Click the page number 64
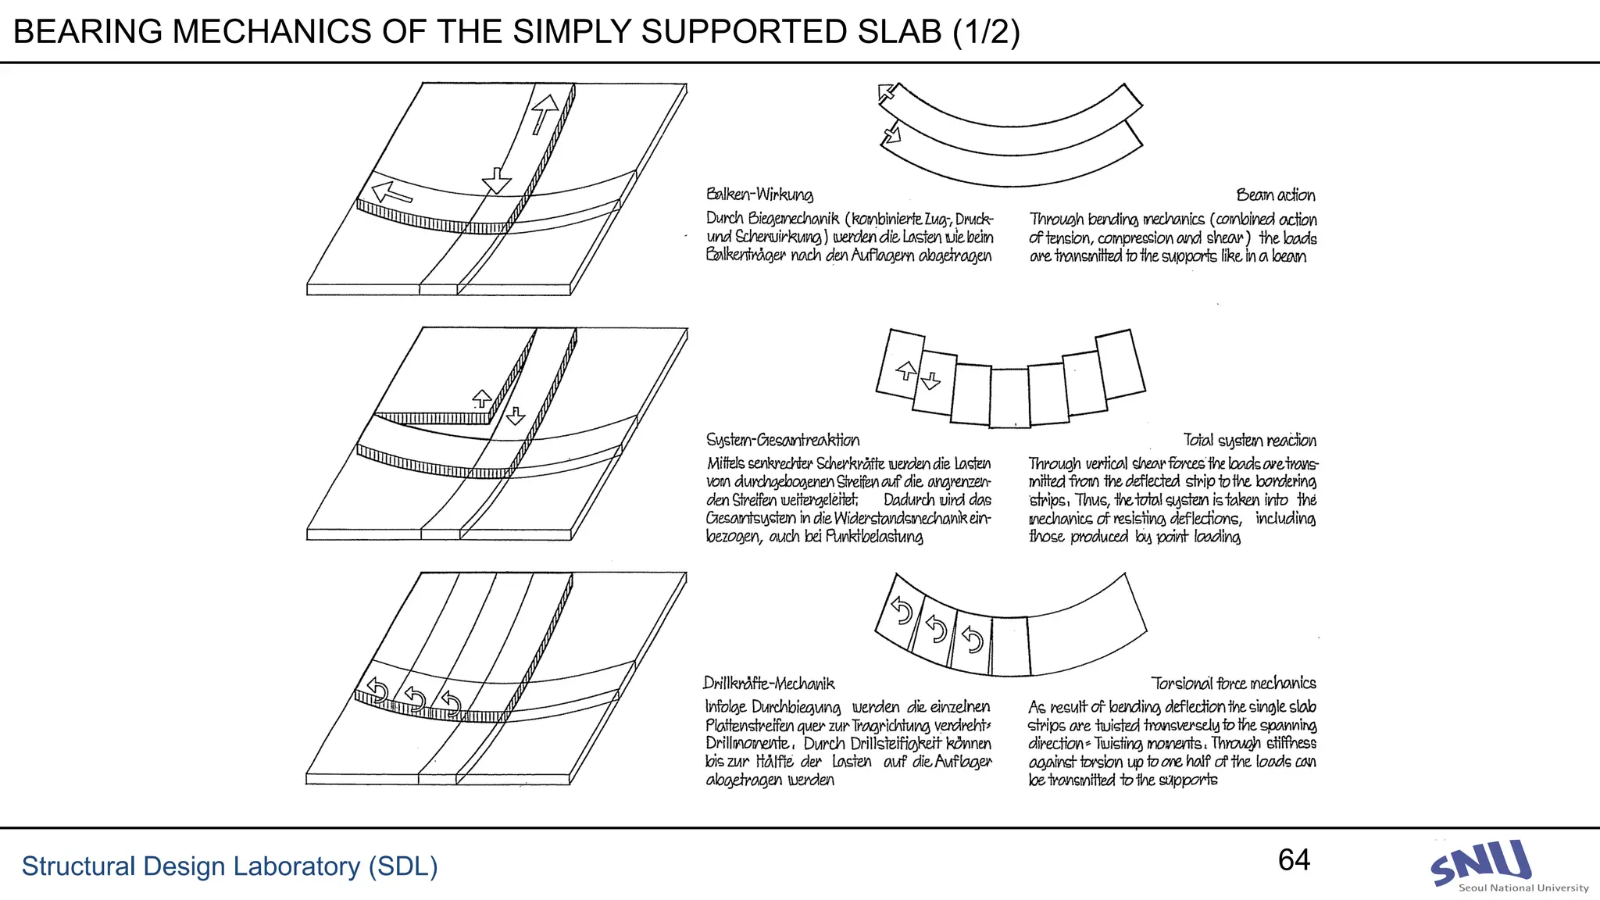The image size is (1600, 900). (x=1294, y=860)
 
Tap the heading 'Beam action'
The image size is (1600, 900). (x=1275, y=195)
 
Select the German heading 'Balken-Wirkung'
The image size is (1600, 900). (x=759, y=195)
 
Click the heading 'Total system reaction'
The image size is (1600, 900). (x=1249, y=441)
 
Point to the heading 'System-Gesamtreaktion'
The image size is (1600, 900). (x=782, y=441)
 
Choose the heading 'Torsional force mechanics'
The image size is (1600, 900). (x=1233, y=684)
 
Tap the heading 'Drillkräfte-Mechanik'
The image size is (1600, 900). (x=769, y=684)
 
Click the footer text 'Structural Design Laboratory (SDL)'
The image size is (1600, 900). (x=229, y=866)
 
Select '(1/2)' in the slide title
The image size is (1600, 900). (x=986, y=32)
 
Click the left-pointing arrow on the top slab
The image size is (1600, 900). (x=391, y=192)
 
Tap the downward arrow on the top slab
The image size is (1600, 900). (x=497, y=181)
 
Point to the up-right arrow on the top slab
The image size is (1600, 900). (x=544, y=114)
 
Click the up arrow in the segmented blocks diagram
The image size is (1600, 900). (x=905, y=370)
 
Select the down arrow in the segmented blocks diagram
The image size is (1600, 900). (x=930, y=380)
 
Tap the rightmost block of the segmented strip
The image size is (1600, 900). (x=1120, y=364)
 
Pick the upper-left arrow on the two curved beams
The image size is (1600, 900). (x=887, y=93)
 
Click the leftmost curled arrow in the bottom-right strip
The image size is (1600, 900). (x=902, y=610)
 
